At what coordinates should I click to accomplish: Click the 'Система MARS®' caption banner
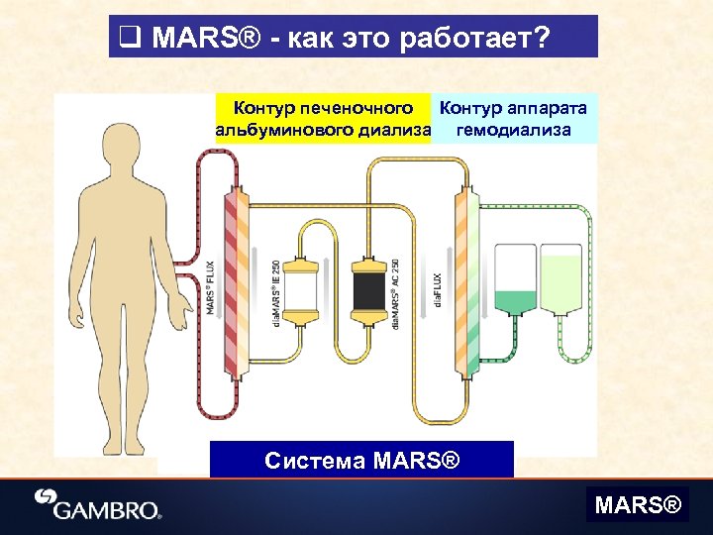(362, 460)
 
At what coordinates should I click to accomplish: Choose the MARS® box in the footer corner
(638, 506)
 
